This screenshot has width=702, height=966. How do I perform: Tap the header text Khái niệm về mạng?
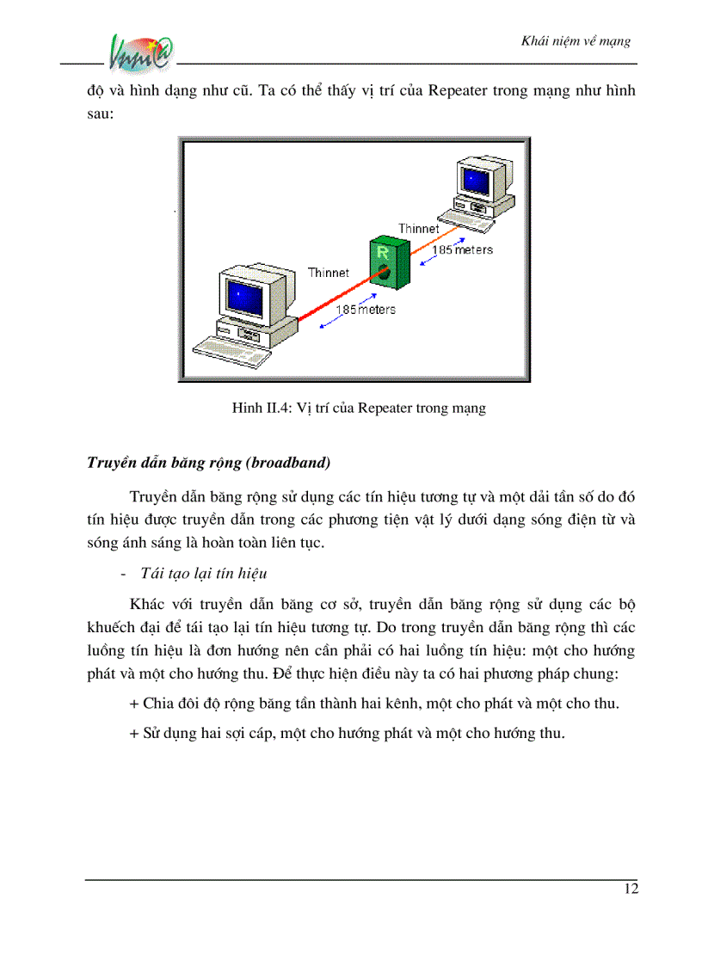tap(576, 40)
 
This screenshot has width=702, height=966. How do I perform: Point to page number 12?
tap(631, 889)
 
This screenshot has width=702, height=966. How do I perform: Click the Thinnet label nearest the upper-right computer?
tap(418, 229)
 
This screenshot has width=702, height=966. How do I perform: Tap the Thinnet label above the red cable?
tap(329, 273)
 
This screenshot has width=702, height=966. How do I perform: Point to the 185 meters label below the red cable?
tap(366, 309)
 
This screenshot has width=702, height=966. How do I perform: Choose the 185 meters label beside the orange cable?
tap(462, 249)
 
